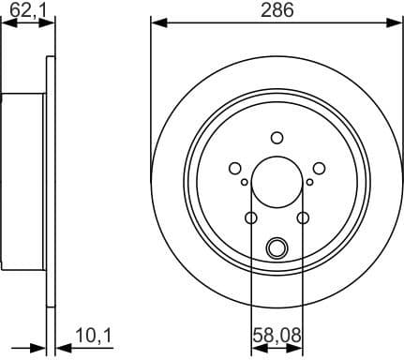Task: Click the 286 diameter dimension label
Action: tap(277, 11)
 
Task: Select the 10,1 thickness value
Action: tap(91, 335)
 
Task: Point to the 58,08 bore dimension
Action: tap(277, 335)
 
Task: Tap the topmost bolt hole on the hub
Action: tap(277, 136)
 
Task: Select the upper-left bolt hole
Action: tap(234, 168)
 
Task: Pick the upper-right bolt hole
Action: tap(319, 168)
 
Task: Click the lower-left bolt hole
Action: tap(250, 217)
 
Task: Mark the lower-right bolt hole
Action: tap(303, 217)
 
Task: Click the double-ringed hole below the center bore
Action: tap(277, 247)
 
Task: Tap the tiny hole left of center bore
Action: tap(245, 182)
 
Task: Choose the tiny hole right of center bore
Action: tap(308, 182)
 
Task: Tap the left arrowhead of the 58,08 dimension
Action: tap(256, 348)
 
